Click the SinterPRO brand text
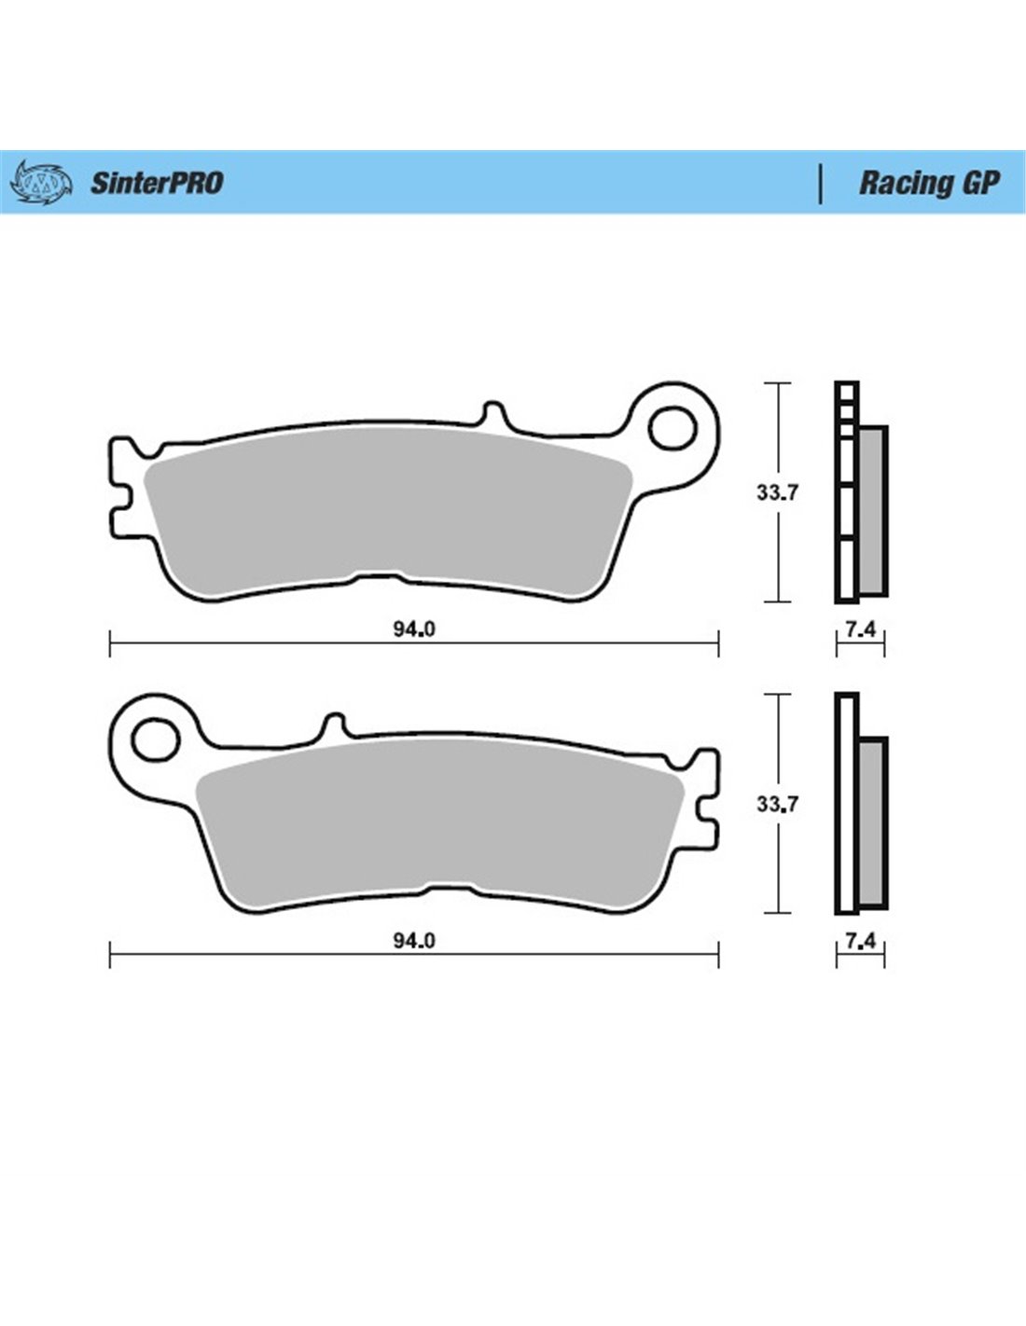(x=157, y=183)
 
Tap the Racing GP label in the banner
(x=929, y=183)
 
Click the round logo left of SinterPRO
(x=41, y=182)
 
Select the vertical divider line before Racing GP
(x=820, y=183)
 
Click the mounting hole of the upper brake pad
(x=672, y=428)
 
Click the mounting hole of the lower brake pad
(x=156, y=739)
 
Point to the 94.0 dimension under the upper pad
(x=414, y=629)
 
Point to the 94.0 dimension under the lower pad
(x=414, y=940)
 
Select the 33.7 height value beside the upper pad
(x=777, y=491)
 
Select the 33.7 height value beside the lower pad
(x=777, y=804)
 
